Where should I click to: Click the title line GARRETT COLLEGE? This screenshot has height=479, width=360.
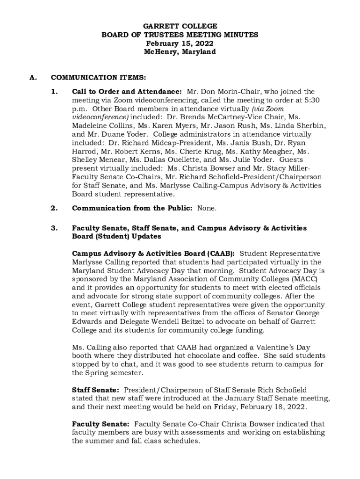coord(180,27)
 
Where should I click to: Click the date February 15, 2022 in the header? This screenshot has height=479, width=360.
coord(180,44)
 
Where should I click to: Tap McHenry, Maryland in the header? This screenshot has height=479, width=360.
coord(180,52)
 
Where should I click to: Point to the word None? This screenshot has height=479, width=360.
coord(207,208)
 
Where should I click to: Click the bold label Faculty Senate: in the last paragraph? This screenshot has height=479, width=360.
coord(100,424)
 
